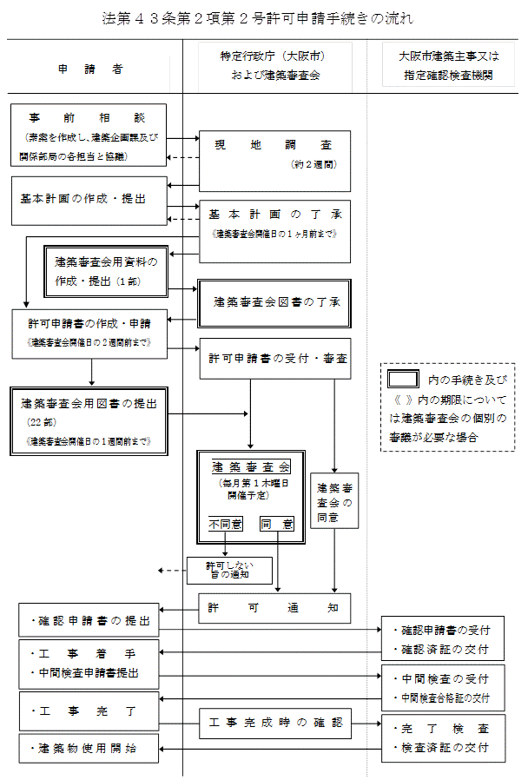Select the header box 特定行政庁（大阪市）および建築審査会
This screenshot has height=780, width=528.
point(274,65)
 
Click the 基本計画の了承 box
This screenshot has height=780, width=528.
point(274,230)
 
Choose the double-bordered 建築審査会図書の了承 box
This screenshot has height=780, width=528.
point(274,302)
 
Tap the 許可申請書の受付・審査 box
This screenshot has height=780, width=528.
point(274,358)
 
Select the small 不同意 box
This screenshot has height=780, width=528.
point(225,524)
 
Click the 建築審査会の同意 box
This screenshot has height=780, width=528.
point(334,501)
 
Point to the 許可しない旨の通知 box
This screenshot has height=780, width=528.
point(230,569)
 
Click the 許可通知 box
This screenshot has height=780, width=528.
point(274,608)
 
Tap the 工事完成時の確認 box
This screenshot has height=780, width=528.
point(274,723)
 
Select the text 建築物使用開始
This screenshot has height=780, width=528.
point(87,747)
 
